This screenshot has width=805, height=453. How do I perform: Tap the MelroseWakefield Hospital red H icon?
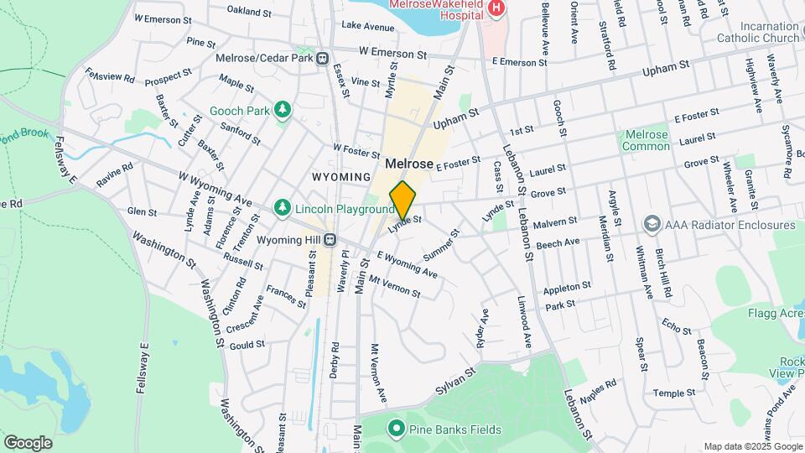click(496, 8)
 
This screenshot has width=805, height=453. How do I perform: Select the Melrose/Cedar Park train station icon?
click(322, 58)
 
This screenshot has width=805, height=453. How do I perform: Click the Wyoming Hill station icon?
click(330, 239)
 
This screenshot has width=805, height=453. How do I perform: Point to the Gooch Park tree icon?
click(283, 109)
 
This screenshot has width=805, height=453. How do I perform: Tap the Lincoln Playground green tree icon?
click(283, 207)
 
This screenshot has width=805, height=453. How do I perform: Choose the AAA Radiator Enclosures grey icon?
click(652, 224)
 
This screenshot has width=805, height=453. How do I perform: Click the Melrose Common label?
click(647, 140)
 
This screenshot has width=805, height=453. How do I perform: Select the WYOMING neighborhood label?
click(341, 177)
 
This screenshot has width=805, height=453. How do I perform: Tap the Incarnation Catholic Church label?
click(757, 32)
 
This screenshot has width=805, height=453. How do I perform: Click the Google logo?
click(28, 442)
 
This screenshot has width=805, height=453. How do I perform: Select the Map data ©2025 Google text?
click(751, 446)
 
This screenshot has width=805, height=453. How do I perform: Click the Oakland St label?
click(250, 12)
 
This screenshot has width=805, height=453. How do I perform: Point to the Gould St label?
click(247, 344)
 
